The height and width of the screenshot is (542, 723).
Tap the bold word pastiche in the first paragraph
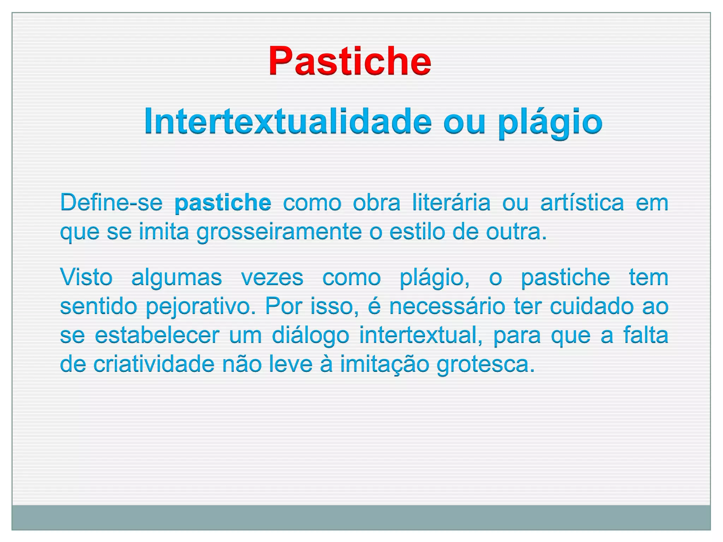tap(223, 203)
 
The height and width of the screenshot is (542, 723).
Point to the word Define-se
tap(111, 203)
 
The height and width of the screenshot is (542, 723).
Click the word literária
tap(451, 203)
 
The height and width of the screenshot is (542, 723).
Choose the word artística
tap(582, 203)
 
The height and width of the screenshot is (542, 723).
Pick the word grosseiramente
tap(279, 232)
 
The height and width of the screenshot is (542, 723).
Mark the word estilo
tap(417, 232)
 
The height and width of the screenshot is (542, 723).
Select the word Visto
tap(86, 277)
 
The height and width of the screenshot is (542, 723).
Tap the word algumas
tap(177, 277)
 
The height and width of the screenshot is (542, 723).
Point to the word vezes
tap(272, 277)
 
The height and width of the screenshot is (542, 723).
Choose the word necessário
tap(447, 306)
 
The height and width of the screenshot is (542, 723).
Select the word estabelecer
tap(157, 335)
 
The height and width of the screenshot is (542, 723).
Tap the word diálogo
tap(310, 335)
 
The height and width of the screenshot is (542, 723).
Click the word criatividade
tap(154, 364)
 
